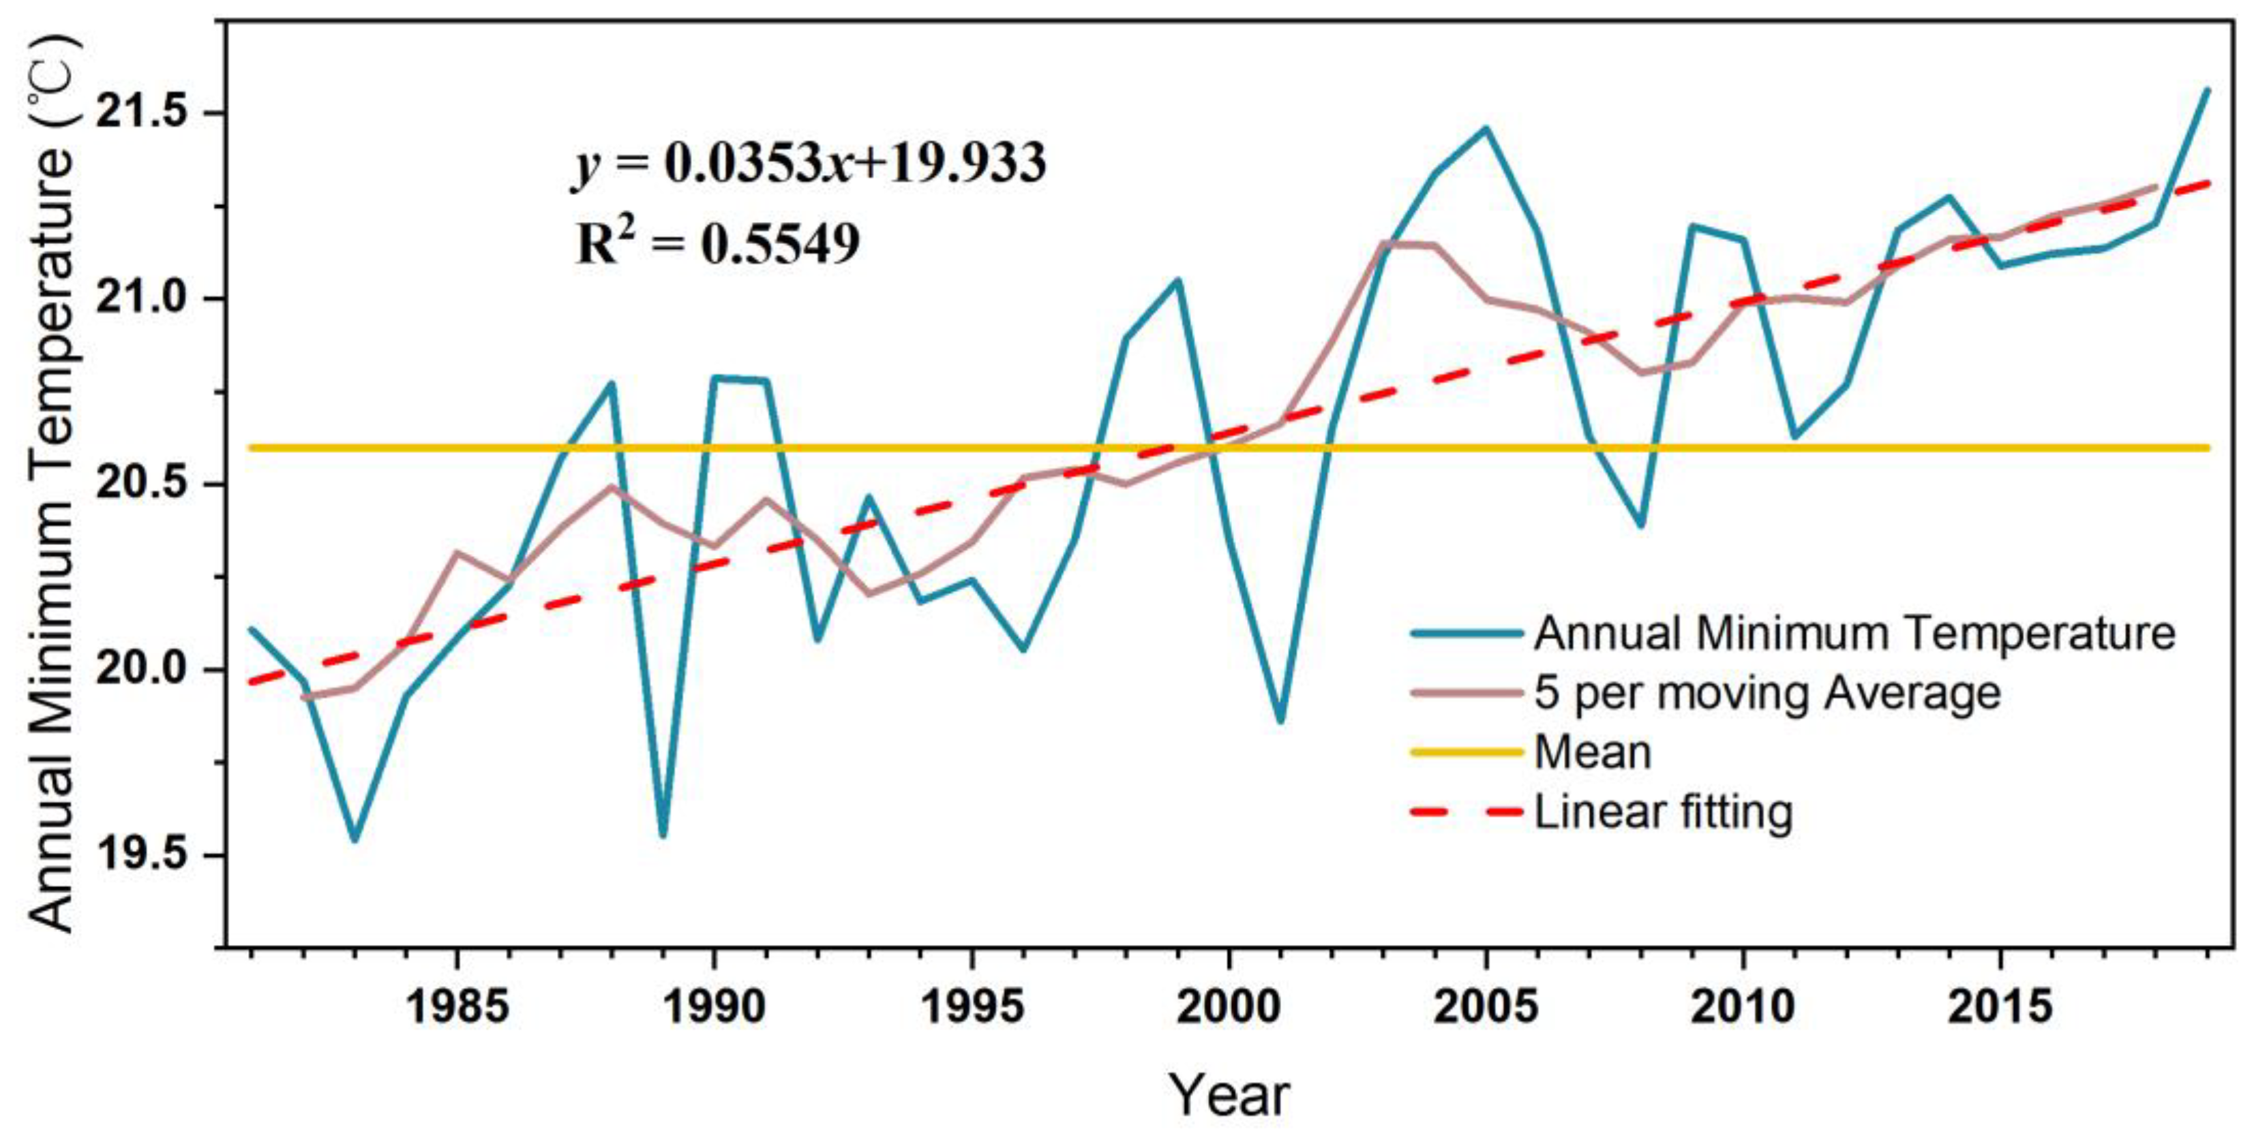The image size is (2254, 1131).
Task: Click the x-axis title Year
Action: [x=1229, y=1094]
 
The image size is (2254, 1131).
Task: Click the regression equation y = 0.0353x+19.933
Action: [x=810, y=164]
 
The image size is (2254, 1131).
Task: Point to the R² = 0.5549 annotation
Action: [x=717, y=243]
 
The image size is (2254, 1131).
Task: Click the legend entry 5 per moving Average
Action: [x=1767, y=694]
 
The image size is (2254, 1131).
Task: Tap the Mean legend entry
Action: [x=1593, y=753]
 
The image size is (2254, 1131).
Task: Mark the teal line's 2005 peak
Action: [x=1485, y=129]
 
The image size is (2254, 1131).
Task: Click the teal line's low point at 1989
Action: [x=663, y=835]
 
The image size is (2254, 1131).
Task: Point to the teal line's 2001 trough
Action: [x=1280, y=722]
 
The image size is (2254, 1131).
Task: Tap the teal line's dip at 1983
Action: [x=355, y=839]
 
